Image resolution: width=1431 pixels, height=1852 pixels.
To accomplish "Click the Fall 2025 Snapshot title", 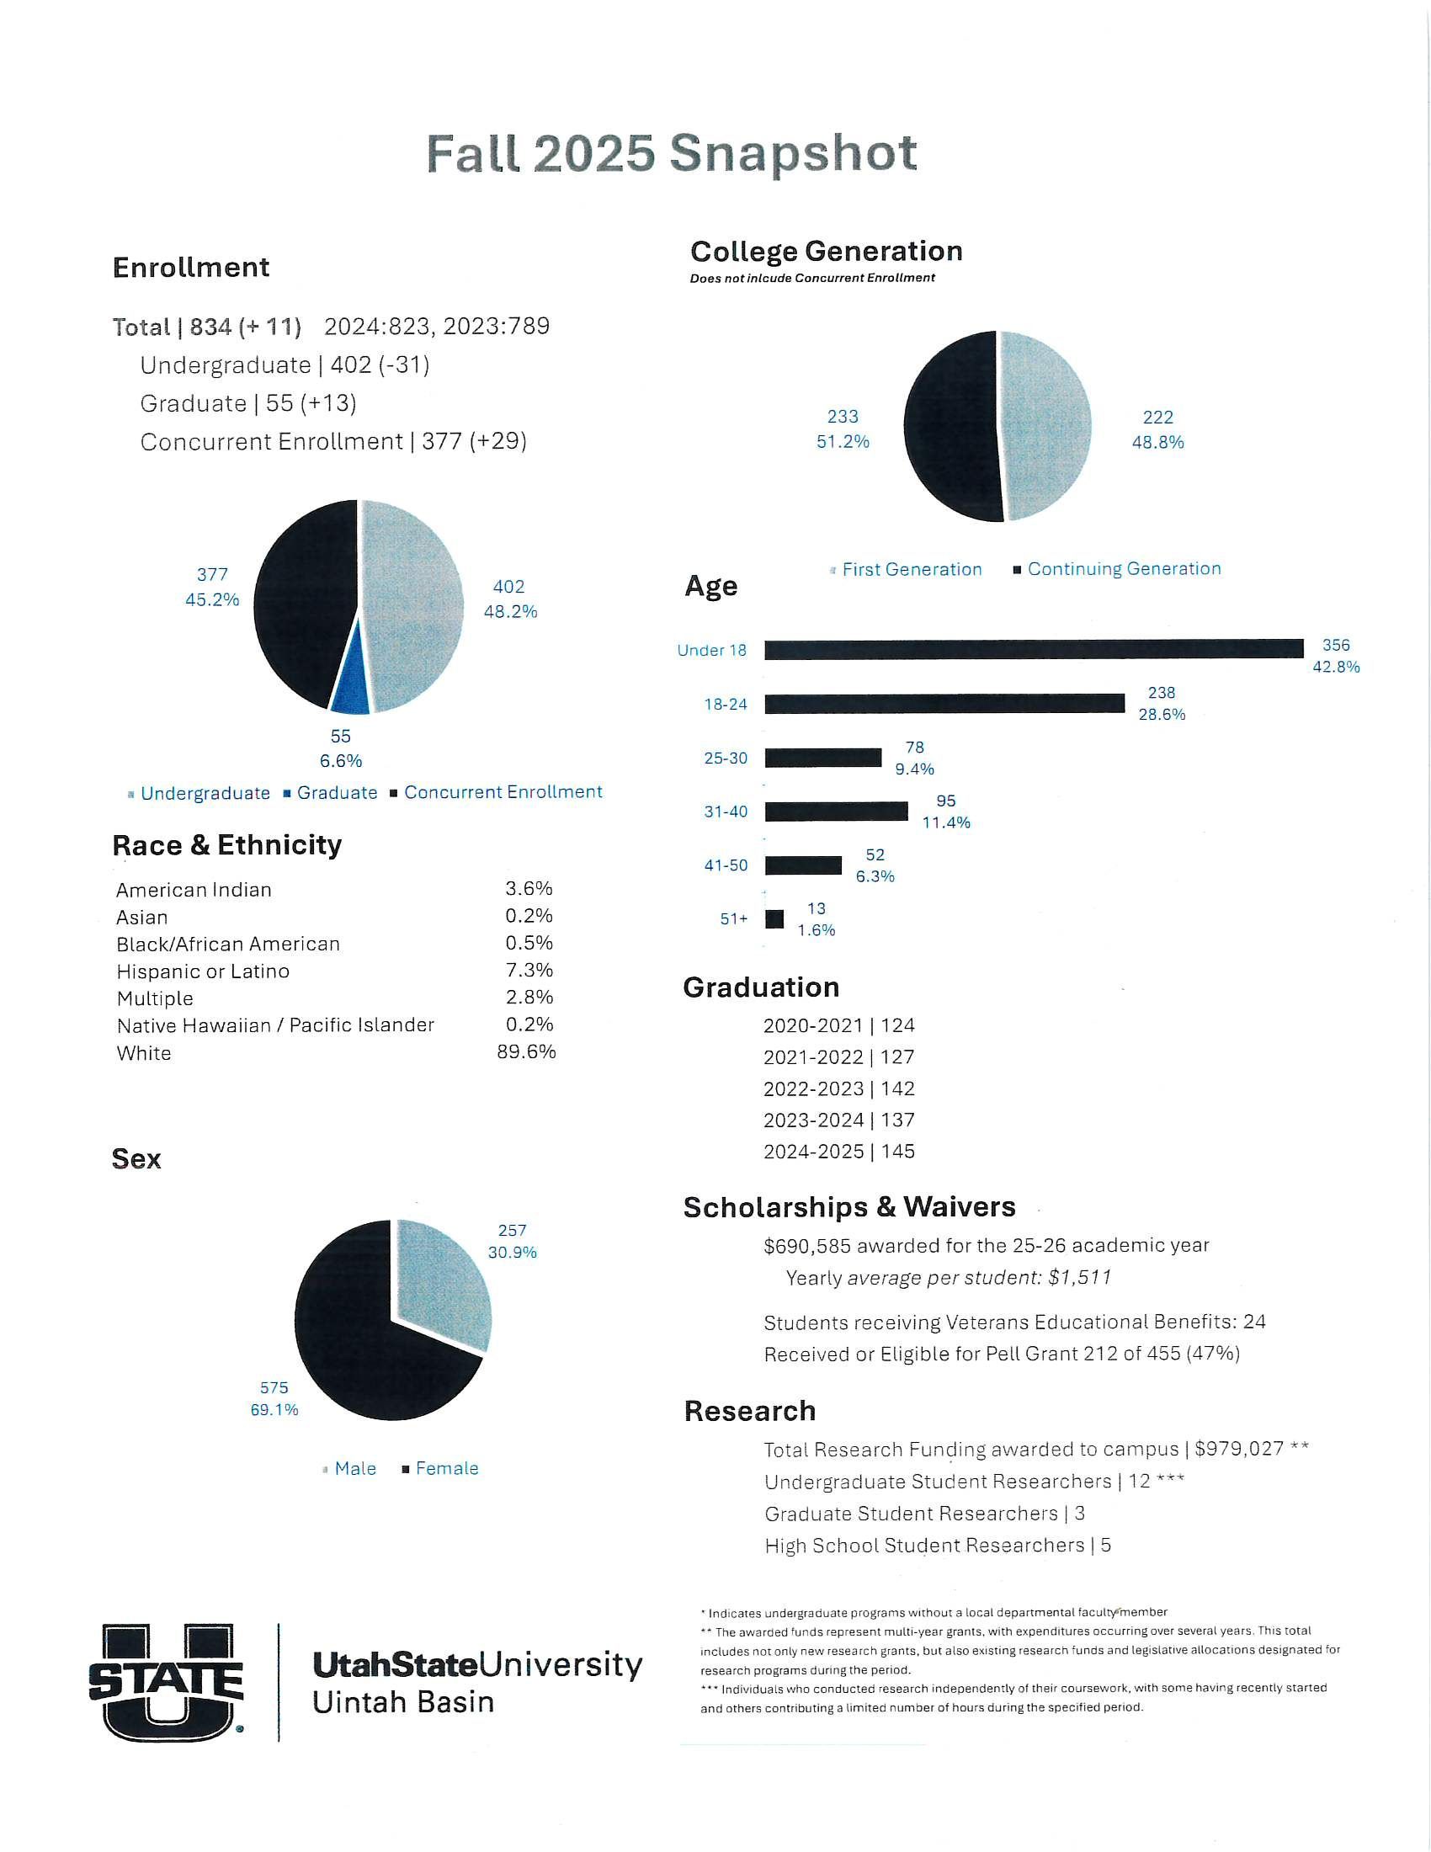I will coord(671,153).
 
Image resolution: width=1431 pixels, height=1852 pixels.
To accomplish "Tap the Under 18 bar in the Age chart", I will coord(1034,650).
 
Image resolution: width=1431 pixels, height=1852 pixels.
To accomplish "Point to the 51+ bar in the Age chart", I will coord(774,919).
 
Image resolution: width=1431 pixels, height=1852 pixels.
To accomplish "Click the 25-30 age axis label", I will coord(726,758).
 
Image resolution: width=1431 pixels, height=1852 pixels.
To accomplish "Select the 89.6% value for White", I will coord(526,1052).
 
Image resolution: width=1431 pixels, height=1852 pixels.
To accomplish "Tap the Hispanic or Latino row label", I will coord(203,971).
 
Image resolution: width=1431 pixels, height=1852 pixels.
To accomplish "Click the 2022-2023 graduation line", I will coord(838,1088).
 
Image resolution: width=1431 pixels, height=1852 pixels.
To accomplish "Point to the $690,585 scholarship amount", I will coord(806,1246).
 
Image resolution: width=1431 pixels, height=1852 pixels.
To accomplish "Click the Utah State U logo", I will coord(166,1683).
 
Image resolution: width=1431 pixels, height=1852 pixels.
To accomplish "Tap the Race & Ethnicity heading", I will coord(227,845).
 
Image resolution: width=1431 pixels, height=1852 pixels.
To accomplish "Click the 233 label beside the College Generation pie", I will coord(842,418).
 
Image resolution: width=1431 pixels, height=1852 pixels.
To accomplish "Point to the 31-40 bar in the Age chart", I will coord(836,812).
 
